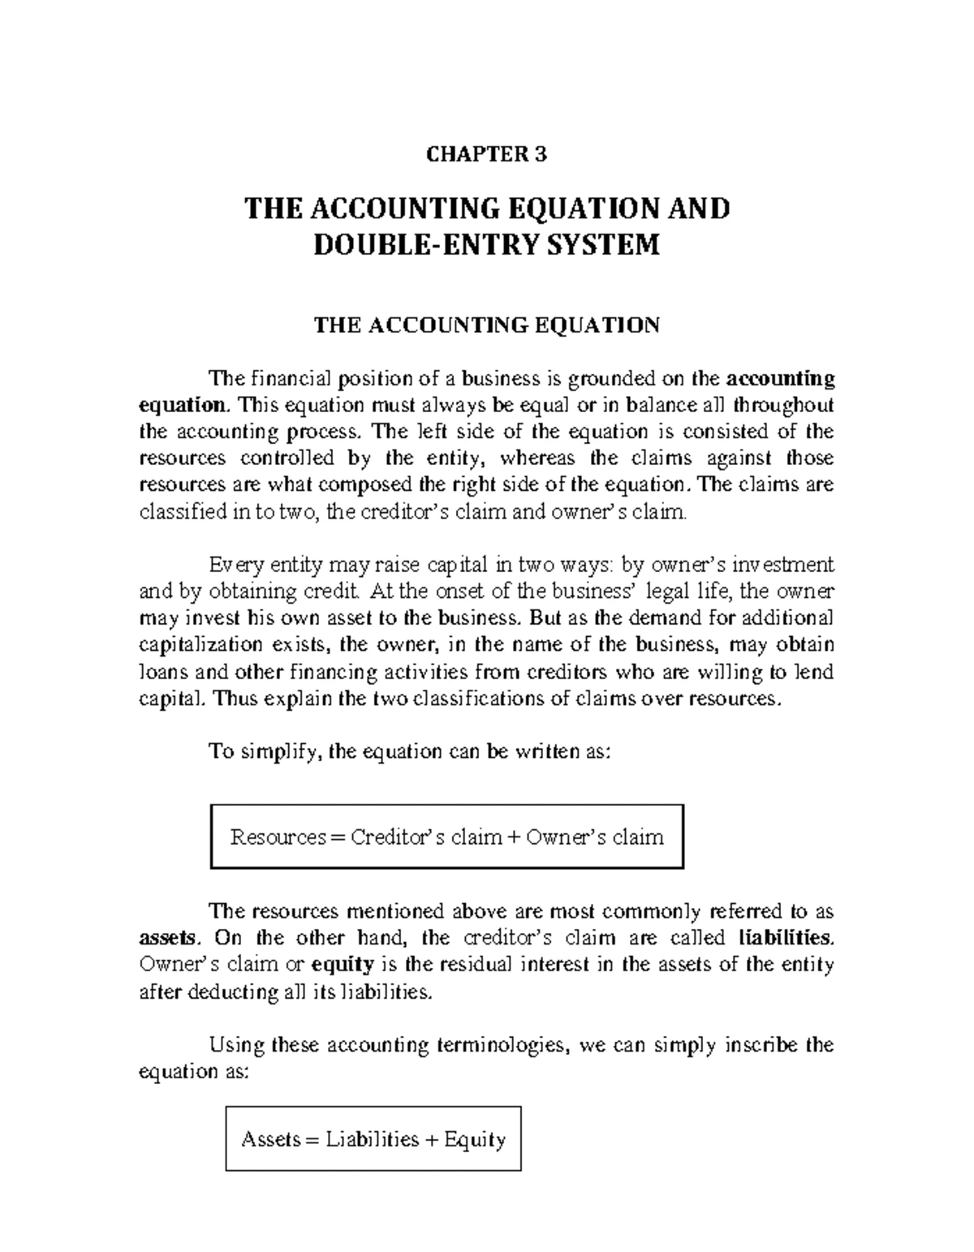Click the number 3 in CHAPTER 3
[x=542, y=155]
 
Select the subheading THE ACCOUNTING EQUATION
[x=487, y=326]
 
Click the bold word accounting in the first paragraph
[x=780, y=379]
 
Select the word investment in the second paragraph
[x=783, y=564]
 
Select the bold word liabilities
[x=786, y=939]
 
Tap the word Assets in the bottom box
[x=270, y=1140]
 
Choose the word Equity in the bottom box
[x=475, y=1140]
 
